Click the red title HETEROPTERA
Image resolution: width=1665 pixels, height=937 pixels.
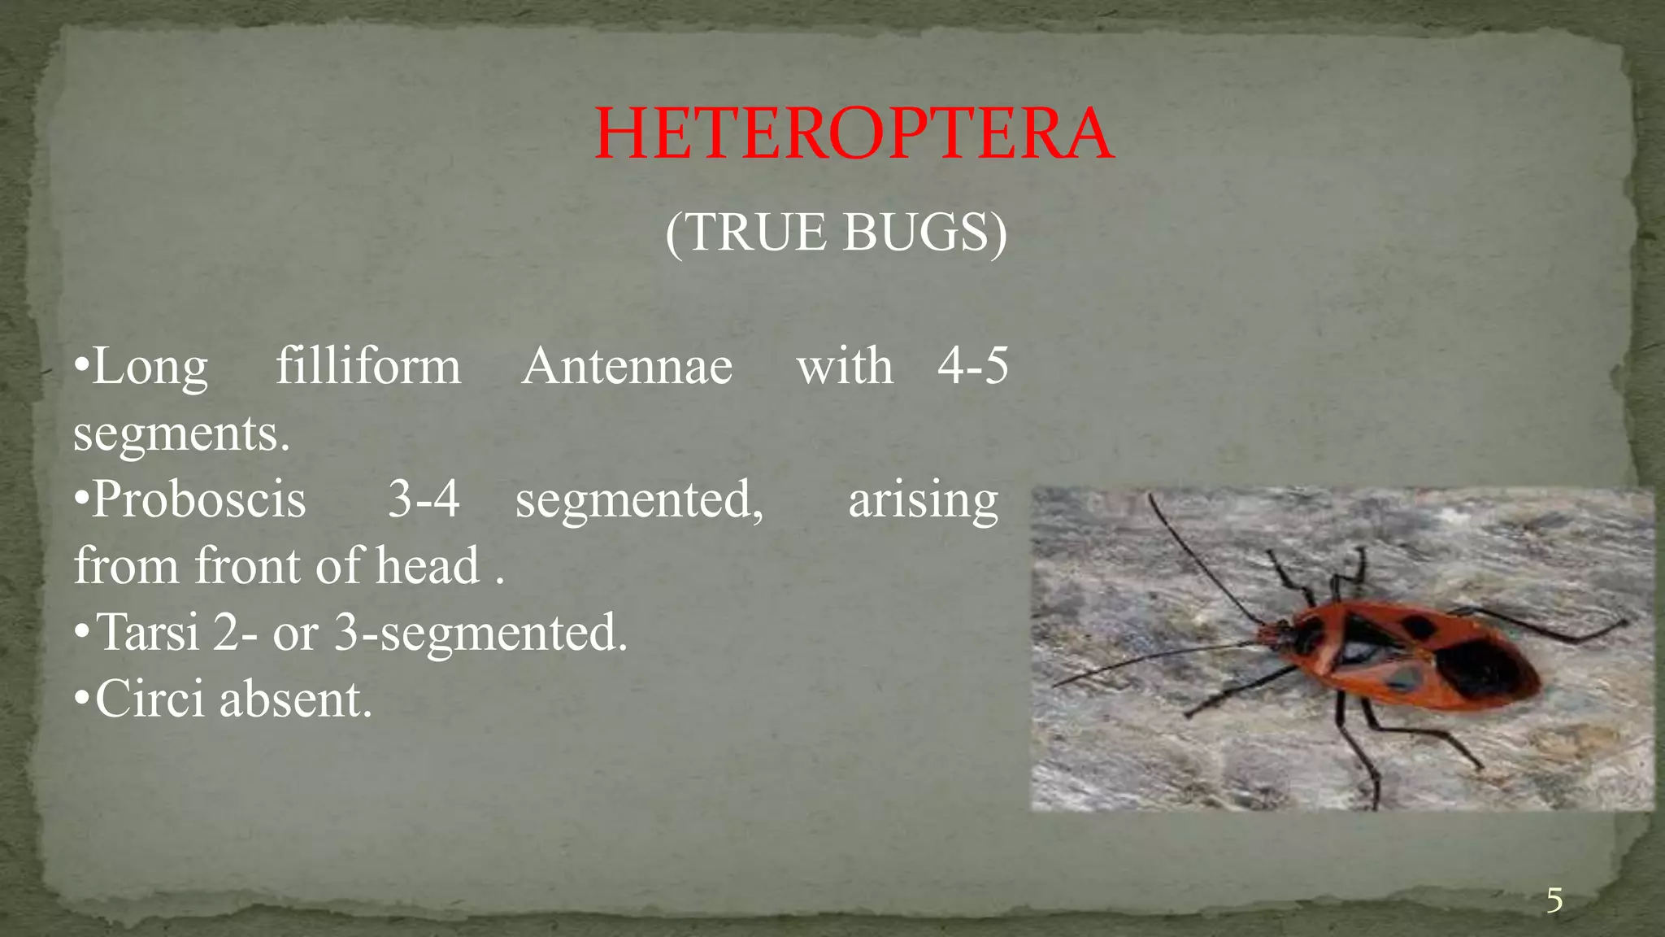click(854, 134)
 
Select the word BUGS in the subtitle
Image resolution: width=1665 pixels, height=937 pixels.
click(923, 233)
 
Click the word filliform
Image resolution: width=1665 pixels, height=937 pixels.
click(368, 367)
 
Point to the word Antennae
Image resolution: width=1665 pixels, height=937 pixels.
click(627, 367)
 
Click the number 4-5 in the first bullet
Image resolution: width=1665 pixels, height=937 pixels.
click(972, 365)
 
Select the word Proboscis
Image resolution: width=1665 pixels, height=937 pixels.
click(199, 499)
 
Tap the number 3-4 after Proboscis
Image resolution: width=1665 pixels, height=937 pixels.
click(424, 499)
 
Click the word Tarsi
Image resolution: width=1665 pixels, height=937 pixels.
click(148, 632)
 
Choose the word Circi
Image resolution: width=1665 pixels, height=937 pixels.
click(150, 699)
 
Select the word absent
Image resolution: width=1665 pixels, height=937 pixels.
click(295, 699)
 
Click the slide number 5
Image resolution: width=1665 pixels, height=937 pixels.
click(1554, 901)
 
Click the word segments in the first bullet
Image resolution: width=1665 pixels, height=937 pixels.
click(180, 434)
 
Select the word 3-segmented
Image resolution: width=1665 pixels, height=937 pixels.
click(480, 632)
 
